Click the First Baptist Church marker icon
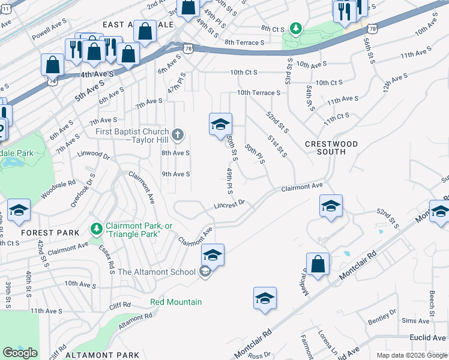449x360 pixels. [177, 134]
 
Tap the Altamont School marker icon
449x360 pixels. [205, 272]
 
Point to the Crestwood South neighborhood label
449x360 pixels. [331, 148]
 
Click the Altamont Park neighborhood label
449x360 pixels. [102, 355]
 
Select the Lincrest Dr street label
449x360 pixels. [230, 205]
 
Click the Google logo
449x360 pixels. [20, 353]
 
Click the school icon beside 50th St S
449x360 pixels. [220, 124]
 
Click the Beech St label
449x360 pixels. [432, 303]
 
